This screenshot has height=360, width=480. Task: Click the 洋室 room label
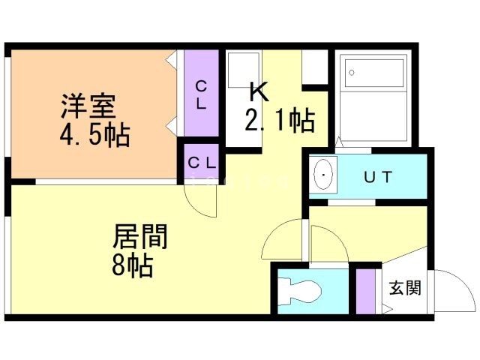point(88,106)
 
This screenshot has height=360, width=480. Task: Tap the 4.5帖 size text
point(96,135)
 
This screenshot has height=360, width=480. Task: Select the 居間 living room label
point(140,237)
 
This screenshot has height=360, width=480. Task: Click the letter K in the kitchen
point(259,91)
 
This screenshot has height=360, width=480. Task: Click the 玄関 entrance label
point(404,288)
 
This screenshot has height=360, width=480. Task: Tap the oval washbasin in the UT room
point(322,177)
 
